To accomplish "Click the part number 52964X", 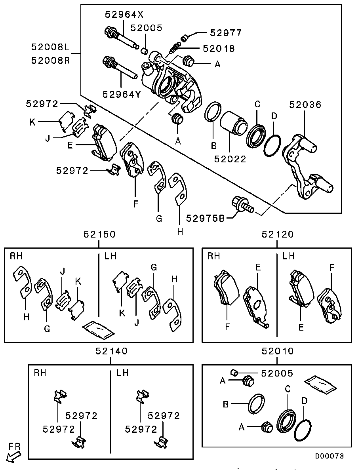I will [x=124, y=15].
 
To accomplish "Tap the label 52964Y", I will [x=122, y=94].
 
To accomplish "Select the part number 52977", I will [x=226, y=33].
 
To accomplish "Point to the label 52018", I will [x=219, y=49].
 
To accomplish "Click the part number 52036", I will [x=305, y=105].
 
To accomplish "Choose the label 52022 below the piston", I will [x=230, y=159].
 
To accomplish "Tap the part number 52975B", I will [x=206, y=218].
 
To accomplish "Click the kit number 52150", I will [x=99, y=234].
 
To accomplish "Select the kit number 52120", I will [x=278, y=234].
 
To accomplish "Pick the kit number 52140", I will [x=111, y=351].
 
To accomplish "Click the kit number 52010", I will [x=278, y=351].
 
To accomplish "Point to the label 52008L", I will [x=50, y=48].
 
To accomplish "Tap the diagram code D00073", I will [x=329, y=456].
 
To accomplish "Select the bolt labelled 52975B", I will [x=241, y=205].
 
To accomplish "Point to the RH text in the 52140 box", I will [x=40, y=373].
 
